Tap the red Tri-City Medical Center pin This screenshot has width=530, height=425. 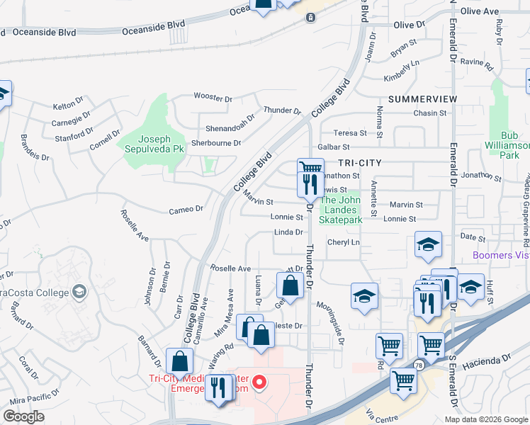pos(259,383)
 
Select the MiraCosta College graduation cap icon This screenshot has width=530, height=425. pos(80,291)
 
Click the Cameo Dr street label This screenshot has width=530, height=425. pos(186,209)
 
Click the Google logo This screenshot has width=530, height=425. pos(24,416)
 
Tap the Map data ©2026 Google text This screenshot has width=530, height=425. pos(486,419)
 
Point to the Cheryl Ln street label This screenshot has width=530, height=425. pos(344,242)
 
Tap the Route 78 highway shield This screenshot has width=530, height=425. pos(419,365)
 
